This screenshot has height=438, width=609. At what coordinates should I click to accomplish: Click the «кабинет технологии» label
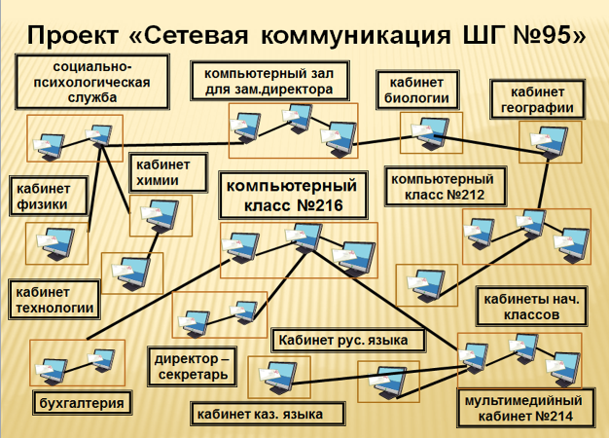pos(54,300)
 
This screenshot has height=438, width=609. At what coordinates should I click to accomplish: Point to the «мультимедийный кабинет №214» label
pos(522,408)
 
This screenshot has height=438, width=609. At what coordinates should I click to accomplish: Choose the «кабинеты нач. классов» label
pos(530,307)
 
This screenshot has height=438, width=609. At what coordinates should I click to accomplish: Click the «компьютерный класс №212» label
pos(447,187)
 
